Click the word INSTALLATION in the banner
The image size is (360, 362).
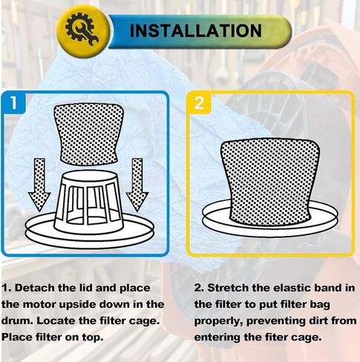(195, 30)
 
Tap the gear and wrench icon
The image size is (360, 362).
(82, 29)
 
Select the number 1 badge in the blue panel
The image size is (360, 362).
(14, 102)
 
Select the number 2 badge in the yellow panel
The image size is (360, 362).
(199, 102)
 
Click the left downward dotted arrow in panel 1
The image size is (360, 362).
(39, 185)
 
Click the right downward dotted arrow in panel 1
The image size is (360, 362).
(137, 185)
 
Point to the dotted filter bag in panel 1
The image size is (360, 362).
(89, 134)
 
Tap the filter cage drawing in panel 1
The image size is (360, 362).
(89, 200)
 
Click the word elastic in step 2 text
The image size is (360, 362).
(280, 288)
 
